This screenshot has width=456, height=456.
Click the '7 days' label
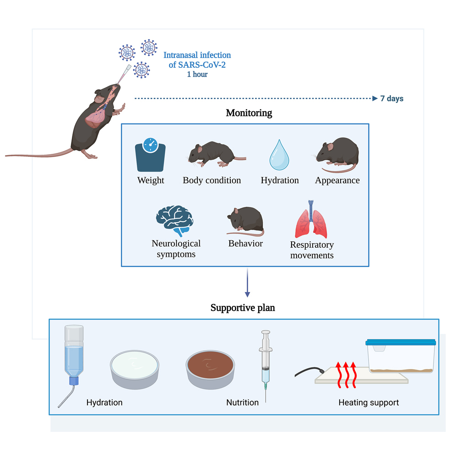point(391,98)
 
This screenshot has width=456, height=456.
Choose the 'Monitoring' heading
point(249,113)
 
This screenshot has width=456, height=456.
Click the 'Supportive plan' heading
point(243,308)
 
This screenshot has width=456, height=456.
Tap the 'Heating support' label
point(369,403)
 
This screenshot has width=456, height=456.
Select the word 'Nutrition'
point(242,403)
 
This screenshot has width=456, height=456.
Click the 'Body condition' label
point(212,180)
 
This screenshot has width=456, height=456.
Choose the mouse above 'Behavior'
point(245,220)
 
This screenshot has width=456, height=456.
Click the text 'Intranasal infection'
point(197,55)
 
